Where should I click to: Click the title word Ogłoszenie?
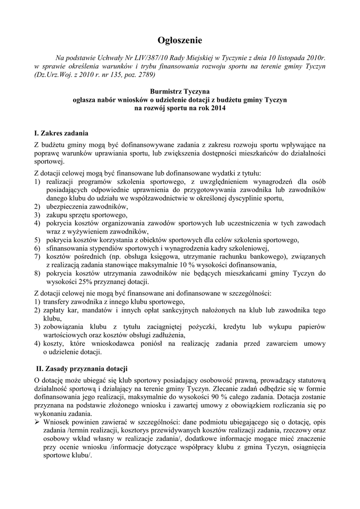(x=180, y=40)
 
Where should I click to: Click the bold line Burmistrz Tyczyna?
(x=180, y=91)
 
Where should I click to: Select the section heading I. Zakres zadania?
(x=61, y=133)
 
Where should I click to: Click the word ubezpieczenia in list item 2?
(x=66, y=206)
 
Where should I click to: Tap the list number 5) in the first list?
(x=37, y=240)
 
